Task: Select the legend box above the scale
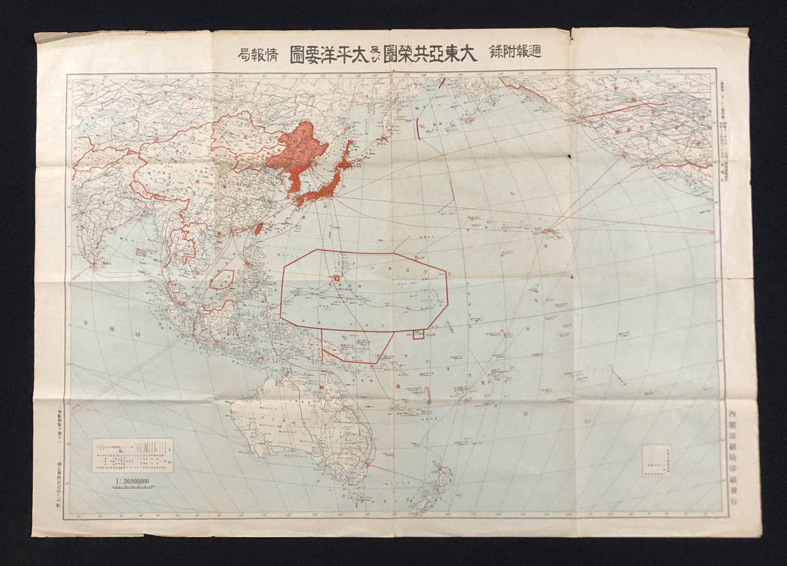(132, 455)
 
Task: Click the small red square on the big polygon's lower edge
(418, 334)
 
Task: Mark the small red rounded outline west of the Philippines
(222, 280)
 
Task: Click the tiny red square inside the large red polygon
(336, 278)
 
